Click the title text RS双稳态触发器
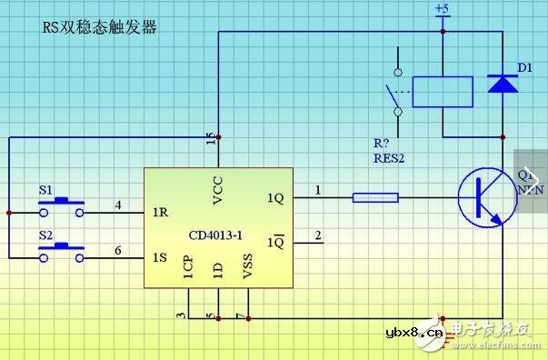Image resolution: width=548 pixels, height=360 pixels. (100, 27)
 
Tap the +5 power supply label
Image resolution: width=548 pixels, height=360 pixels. (442, 9)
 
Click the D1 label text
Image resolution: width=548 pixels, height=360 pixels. (524, 66)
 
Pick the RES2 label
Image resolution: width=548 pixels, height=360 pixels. (389, 157)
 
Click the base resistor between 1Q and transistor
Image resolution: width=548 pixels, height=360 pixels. (374, 195)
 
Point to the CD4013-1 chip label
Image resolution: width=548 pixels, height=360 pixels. (215, 235)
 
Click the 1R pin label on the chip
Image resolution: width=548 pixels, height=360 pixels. (161, 214)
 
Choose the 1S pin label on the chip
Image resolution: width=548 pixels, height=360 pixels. (161, 257)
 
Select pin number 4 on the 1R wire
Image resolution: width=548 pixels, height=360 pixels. (117, 205)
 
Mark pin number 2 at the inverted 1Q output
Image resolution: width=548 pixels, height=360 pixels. (317, 235)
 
